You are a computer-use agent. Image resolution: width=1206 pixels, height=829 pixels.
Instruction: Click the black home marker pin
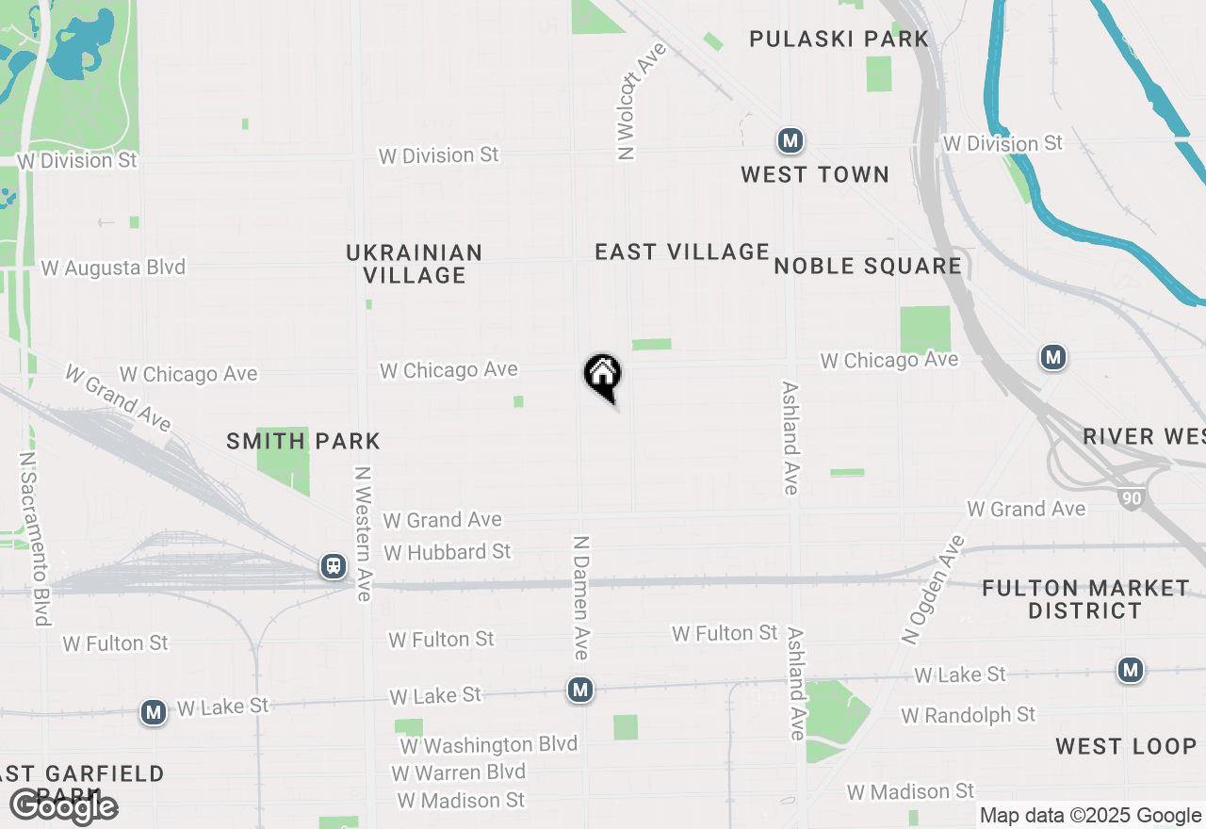point(603,376)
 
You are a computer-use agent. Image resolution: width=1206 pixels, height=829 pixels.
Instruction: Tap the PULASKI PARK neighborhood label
point(839,39)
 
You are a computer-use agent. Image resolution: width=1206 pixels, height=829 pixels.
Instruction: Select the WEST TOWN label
point(815,174)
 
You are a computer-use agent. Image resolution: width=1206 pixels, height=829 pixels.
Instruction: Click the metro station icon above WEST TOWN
point(790,141)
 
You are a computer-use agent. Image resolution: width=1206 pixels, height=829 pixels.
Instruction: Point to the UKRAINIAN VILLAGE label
point(415,264)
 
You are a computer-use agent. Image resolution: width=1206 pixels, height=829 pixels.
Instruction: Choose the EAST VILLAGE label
point(682,252)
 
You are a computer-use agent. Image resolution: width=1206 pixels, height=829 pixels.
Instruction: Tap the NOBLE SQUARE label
point(868,266)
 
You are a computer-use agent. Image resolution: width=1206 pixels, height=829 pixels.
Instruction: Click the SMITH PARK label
point(303,441)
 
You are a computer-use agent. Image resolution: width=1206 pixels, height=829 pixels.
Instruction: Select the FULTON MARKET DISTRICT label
point(1085,599)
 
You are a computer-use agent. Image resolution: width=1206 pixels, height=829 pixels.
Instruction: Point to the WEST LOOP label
point(1126,746)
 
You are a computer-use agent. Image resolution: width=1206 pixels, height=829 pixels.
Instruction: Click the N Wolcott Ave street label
point(641,100)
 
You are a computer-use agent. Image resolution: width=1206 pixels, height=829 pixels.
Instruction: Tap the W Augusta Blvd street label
point(113,268)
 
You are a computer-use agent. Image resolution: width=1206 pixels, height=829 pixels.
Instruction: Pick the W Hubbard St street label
point(448,551)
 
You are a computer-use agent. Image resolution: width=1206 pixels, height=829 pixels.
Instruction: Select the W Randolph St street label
point(968,715)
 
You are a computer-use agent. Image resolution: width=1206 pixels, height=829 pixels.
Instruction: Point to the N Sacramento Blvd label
point(34,538)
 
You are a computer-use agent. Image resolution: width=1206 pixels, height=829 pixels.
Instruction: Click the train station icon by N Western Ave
point(333,565)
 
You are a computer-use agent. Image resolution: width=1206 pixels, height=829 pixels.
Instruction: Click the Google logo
point(64,806)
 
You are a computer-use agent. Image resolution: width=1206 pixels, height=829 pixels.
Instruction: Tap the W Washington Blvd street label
point(488,745)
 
